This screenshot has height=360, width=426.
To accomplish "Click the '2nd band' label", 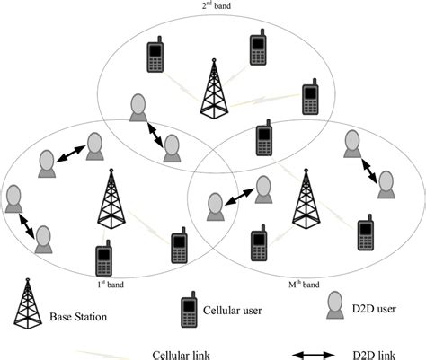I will (x=213, y=6).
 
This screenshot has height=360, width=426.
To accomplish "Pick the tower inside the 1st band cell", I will (x=110, y=199).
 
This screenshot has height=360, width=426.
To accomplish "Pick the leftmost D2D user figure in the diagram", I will (x=13, y=198).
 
